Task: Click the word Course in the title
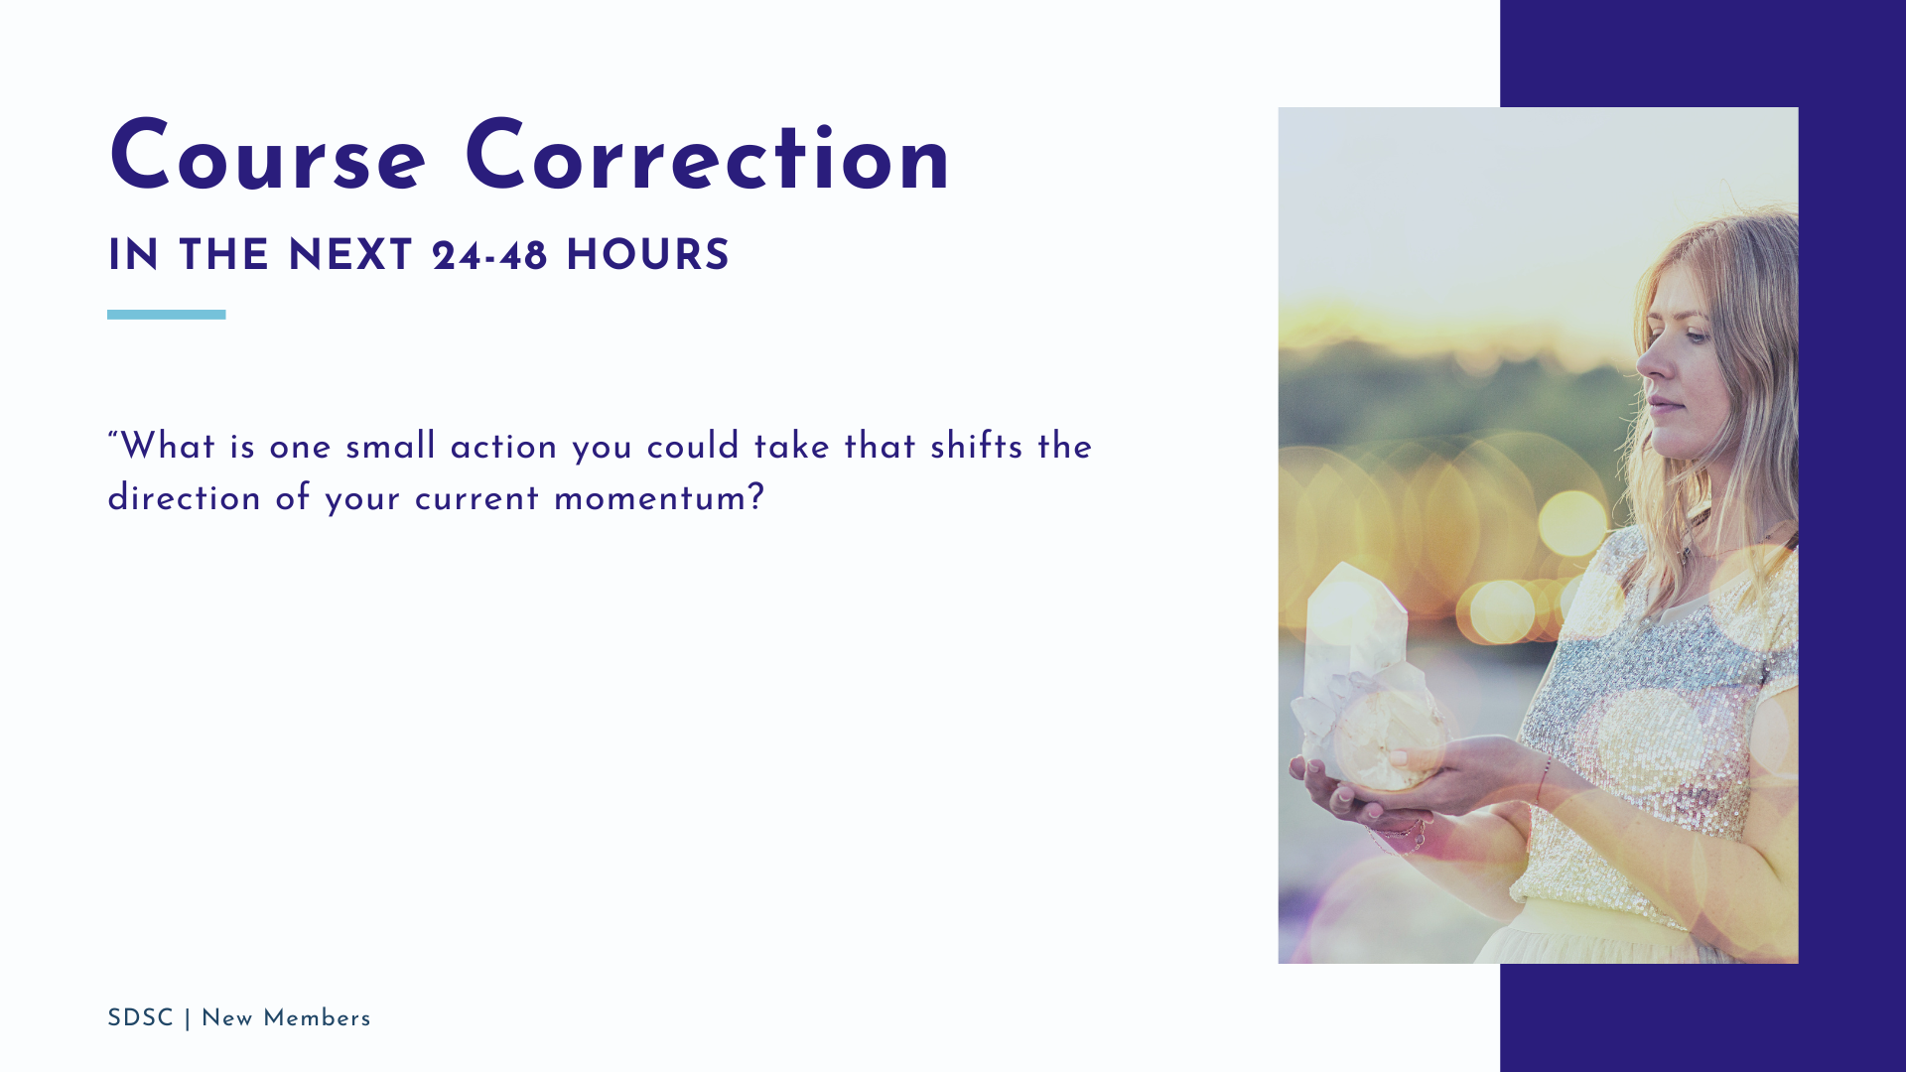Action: click(x=267, y=157)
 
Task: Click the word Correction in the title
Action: click(x=708, y=157)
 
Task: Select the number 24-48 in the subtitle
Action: click(x=489, y=256)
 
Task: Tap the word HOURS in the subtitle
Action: click(x=647, y=256)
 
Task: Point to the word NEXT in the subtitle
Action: click(x=350, y=256)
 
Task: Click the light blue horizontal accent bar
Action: click(x=167, y=315)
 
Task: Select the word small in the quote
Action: click(x=390, y=447)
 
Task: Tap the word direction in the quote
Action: click(x=184, y=497)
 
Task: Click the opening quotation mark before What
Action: click(x=113, y=437)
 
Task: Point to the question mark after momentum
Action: click(x=756, y=497)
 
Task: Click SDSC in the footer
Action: click(x=140, y=1018)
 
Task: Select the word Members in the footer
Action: click(x=317, y=1018)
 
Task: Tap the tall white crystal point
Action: click(x=1356, y=635)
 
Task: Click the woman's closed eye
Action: click(x=1695, y=336)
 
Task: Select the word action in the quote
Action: click(x=503, y=447)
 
